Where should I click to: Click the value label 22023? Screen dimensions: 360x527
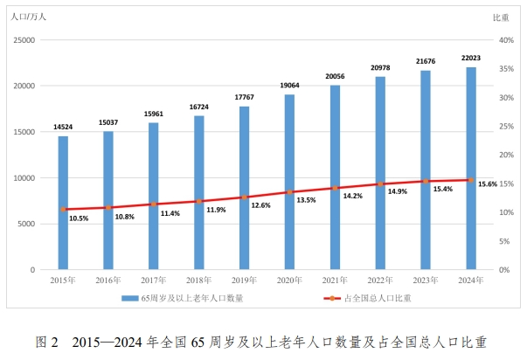[471, 59]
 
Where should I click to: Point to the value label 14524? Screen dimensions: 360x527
[63, 128]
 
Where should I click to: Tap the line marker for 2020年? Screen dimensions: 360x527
[289, 192]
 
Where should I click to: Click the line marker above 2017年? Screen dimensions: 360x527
[153, 204]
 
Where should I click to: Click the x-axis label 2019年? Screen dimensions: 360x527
[244, 280]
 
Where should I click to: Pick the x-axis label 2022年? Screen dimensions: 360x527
[380, 280]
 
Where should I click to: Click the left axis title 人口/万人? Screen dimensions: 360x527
[28, 17]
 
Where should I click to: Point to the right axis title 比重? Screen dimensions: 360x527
[502, 17]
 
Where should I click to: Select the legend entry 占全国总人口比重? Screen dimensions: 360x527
[376, 299]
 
